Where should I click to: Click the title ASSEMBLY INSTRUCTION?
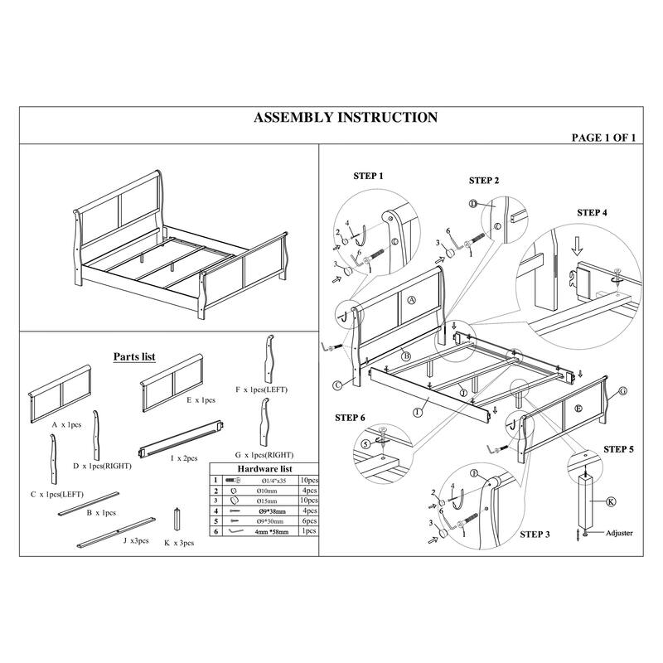click(345, 118)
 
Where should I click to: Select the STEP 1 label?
click(369, 177)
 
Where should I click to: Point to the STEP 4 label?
click(592, 212)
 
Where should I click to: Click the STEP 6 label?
click(349, 417)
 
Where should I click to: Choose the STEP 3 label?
click(535, 535)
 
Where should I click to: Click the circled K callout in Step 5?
click(611, 501)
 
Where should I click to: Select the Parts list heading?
click(134, 356)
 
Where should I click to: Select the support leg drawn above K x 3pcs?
click(177, 520)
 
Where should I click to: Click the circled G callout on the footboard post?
click(622, 390)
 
